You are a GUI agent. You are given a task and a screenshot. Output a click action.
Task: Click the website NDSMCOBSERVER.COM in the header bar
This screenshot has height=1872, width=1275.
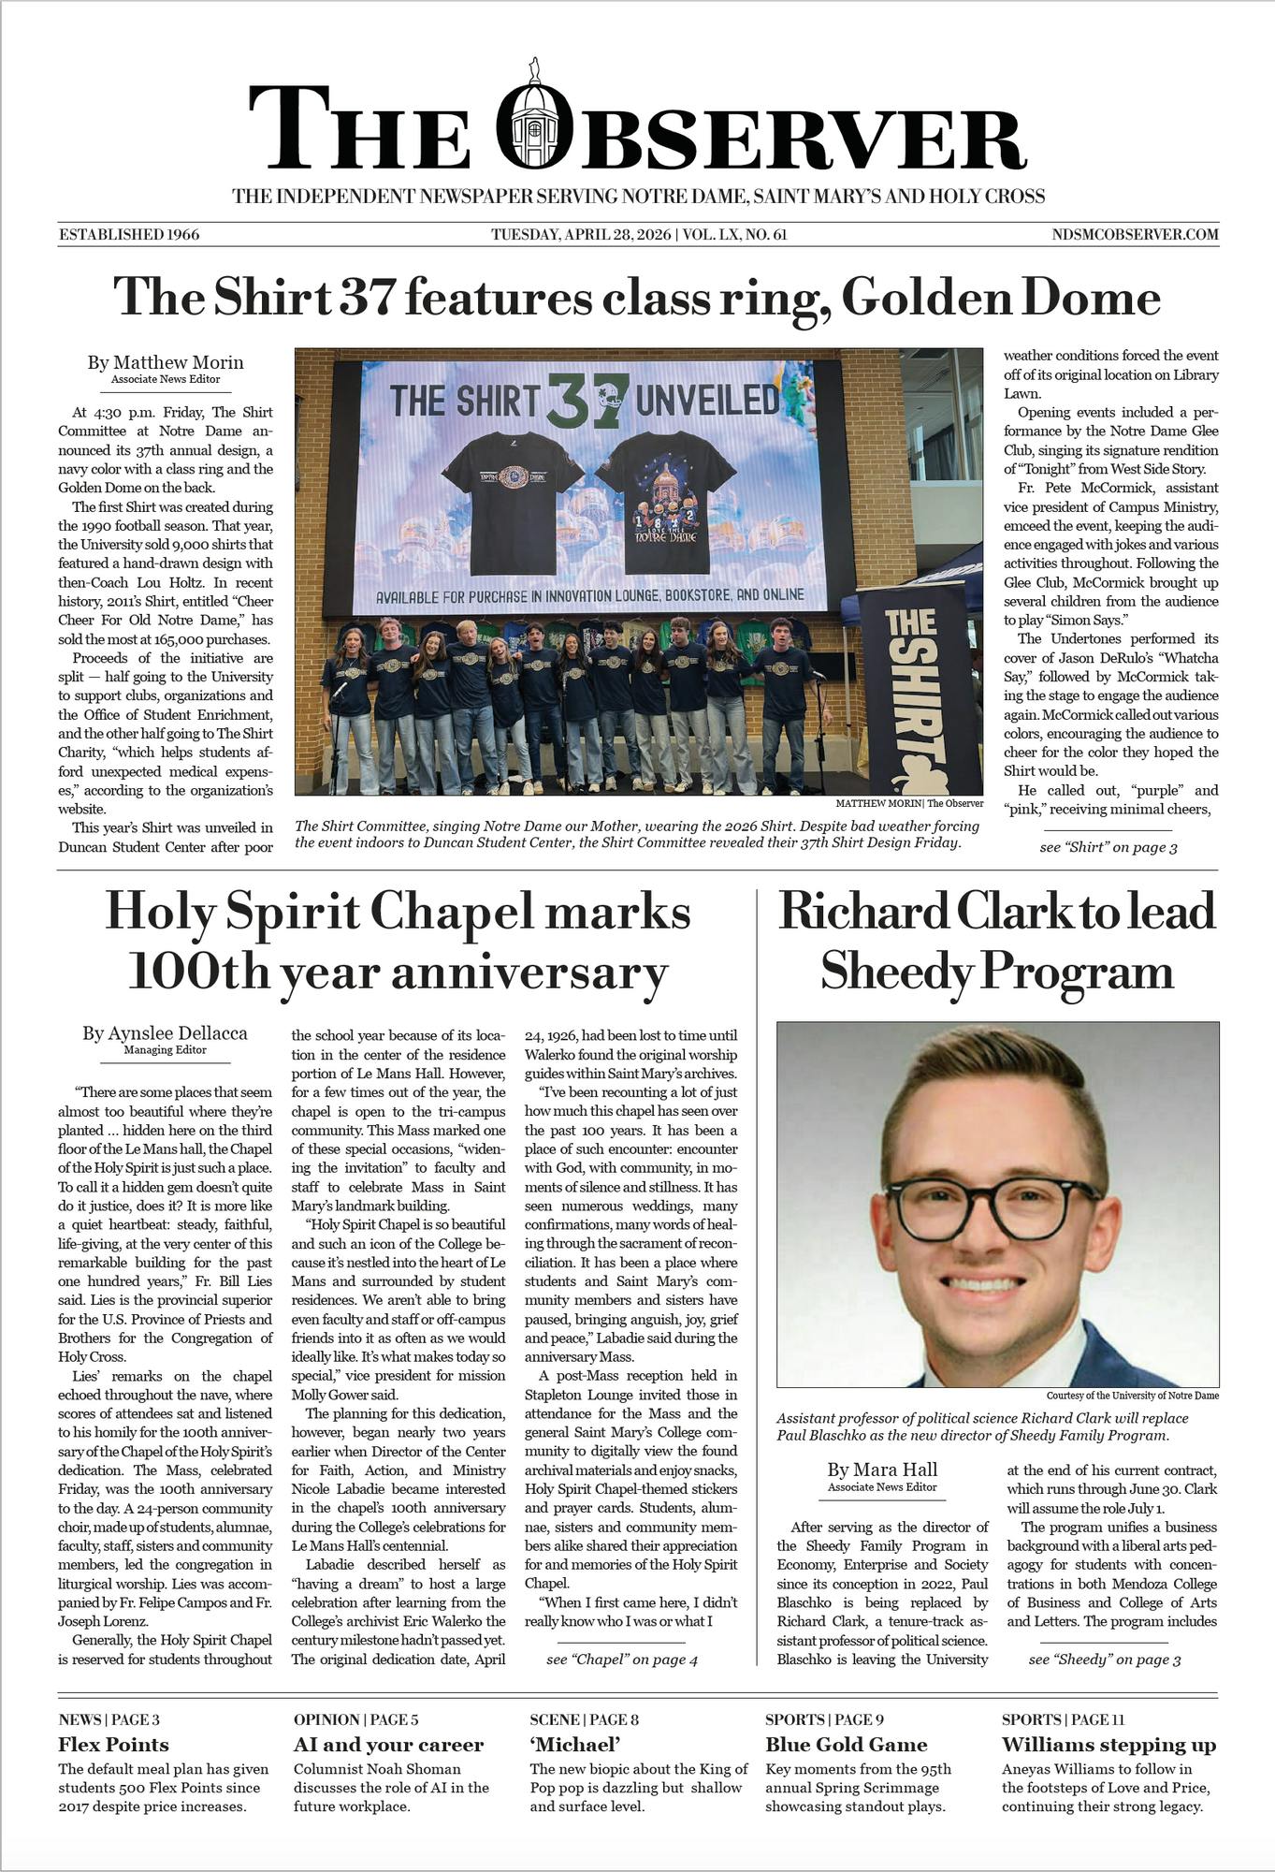point(1135,234)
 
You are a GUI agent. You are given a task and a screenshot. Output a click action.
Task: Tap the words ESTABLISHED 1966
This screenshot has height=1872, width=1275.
point(129,234)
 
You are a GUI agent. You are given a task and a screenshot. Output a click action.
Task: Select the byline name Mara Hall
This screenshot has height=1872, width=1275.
point(882,1470)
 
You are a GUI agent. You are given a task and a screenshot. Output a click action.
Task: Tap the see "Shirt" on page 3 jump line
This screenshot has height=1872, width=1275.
point(1108,848)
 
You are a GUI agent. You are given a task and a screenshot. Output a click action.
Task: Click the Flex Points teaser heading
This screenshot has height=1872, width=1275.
point(113,1745)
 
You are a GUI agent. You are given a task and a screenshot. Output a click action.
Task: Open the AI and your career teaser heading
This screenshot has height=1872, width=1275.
point(388,1745)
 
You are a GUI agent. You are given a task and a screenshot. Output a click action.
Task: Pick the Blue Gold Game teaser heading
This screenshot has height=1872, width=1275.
point(846,1745)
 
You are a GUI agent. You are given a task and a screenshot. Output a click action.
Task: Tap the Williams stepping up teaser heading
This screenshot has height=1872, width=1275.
point(1108,1745)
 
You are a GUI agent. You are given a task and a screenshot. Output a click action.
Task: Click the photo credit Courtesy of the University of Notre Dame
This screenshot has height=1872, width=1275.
point(1132,1396)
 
